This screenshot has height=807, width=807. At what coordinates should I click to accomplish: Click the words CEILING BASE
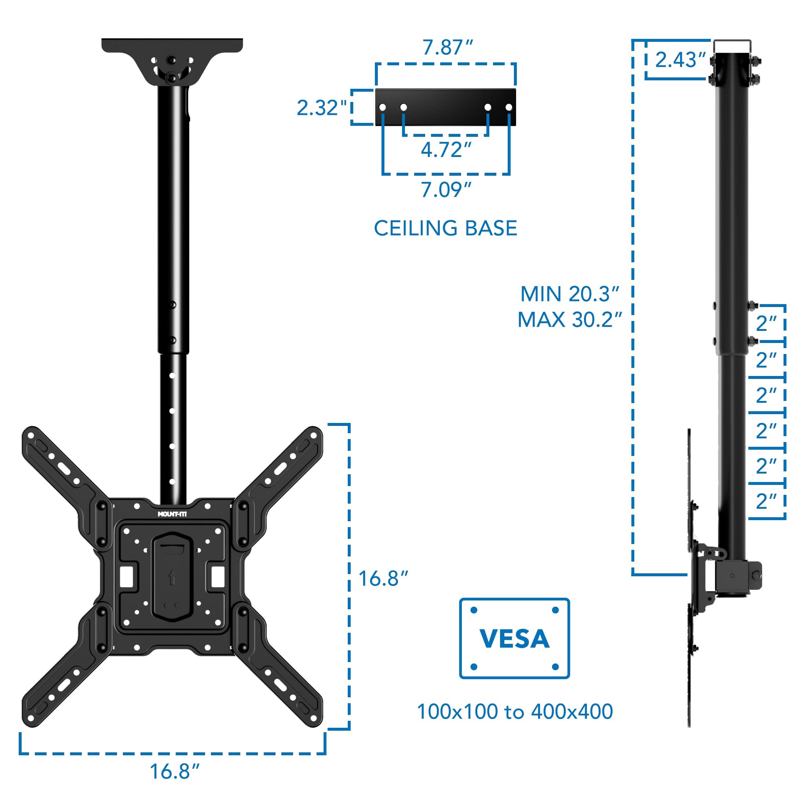tap(445, 229)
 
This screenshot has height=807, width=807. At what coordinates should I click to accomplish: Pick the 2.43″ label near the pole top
tap(680, 60)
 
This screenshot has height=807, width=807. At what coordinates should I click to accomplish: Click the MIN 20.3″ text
tap(569, 295)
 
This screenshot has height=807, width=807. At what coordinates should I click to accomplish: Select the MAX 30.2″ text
tap(569, 320)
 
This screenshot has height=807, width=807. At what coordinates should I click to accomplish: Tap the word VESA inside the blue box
tap(514, 639)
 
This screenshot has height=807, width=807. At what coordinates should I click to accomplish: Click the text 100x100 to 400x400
tap(515, 712)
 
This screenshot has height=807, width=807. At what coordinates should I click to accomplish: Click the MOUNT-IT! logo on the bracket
tap(172, 514)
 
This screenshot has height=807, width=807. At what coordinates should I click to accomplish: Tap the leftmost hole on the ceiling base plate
tap(382, 108)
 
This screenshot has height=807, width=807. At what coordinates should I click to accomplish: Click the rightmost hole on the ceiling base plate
tap(509, 108)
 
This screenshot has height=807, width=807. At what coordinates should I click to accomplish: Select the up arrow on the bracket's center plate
tap(171, 578)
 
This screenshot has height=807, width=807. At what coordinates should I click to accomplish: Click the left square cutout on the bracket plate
tap(126, 576)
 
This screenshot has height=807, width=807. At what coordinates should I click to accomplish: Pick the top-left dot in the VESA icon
tap(474, 610)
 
